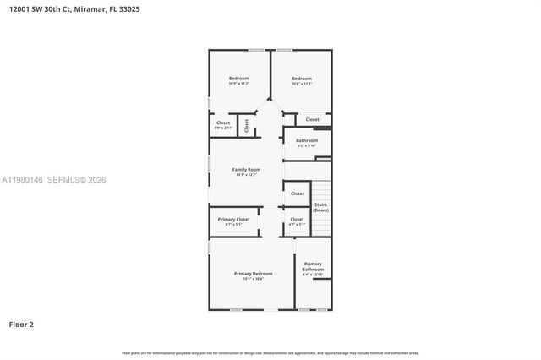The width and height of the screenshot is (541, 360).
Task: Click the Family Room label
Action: [246, 169]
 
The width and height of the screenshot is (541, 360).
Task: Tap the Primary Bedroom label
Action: [253, 273]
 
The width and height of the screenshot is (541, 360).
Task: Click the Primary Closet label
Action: [233, 219]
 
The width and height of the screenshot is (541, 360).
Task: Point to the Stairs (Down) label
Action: [320, 207]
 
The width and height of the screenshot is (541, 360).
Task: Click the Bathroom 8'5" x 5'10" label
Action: [307, 140]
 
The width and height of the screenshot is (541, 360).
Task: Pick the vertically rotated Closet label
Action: [247, 125]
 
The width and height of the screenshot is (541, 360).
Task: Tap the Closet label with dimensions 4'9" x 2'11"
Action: [223, 123]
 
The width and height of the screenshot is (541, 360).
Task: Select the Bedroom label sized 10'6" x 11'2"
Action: [238, 79]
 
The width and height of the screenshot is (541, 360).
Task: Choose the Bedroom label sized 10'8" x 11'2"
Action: [302, 79]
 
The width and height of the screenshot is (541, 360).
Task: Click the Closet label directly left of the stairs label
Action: [298, 194]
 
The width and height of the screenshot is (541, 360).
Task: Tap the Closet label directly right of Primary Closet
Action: [297, 219]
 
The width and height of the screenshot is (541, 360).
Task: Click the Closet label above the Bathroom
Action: [313, 119]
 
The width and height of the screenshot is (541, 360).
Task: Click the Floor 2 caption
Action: [22, 324]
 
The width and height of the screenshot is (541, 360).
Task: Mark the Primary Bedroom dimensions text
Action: [253, 278]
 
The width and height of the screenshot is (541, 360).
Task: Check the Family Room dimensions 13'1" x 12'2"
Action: [246, 174]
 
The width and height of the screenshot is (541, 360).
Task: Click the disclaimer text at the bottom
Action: [270, 352]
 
